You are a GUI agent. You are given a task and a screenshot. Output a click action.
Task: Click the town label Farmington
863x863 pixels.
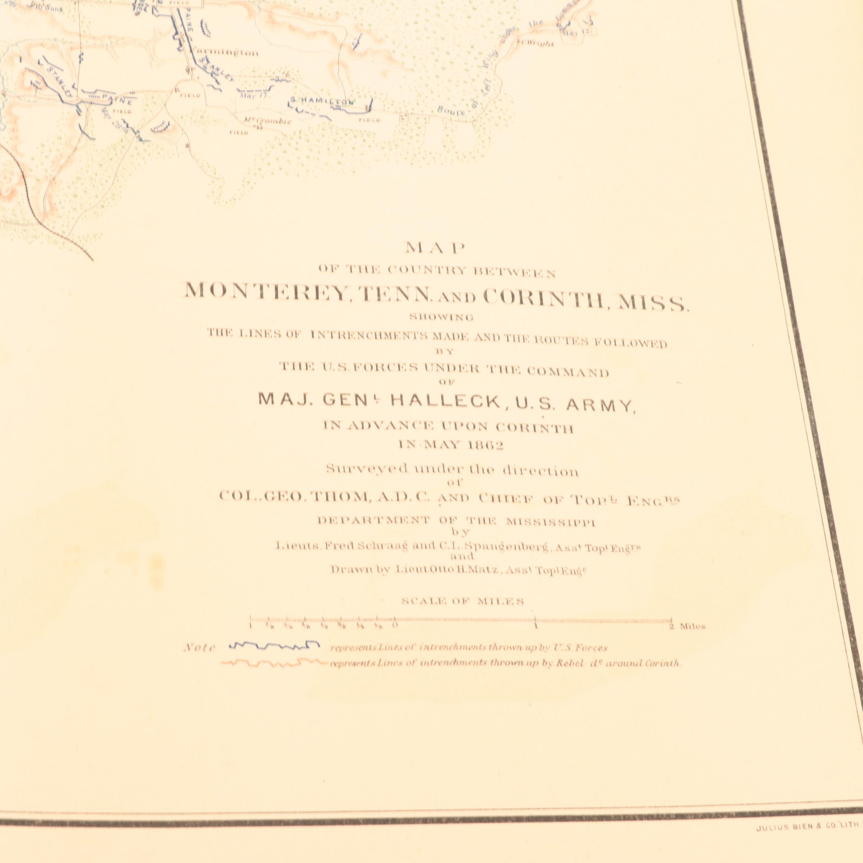click(224, 53)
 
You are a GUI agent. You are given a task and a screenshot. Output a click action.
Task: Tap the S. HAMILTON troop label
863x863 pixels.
click(322, 102)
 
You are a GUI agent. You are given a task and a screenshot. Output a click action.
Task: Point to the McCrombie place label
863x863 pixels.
click(267, 121)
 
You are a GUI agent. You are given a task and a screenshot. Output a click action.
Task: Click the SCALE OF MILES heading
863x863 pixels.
click(462, 601)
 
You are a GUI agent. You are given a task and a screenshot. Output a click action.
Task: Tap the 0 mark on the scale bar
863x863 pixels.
click(394, 624)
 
